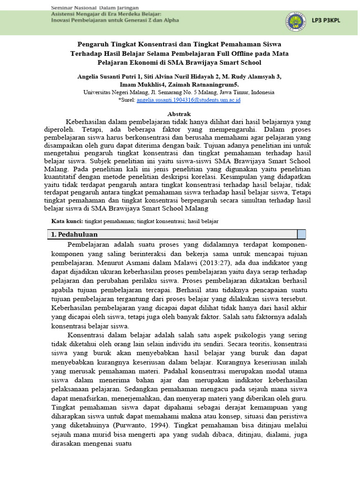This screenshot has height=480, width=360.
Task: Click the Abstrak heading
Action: [x=180, y=114]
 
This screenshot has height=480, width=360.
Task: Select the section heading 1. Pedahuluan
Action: [x=75, y=234]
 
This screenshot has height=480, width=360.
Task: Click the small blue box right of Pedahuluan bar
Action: [x=301, y=234]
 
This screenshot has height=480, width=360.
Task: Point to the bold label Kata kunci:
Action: [x=67, y=221]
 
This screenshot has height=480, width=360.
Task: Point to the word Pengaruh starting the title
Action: [x=82, y=45]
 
